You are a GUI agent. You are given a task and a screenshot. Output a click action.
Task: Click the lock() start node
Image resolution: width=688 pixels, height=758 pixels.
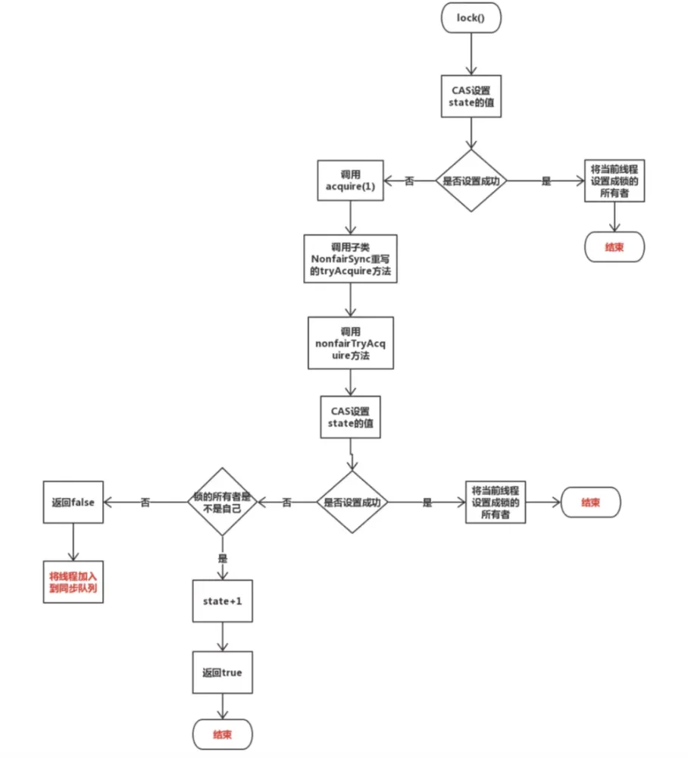[471, 18]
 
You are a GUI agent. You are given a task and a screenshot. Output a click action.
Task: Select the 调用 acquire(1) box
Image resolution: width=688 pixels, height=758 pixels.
[350, 180]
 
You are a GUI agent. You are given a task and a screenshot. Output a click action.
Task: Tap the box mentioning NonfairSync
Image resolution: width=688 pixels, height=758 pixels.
[350, 258]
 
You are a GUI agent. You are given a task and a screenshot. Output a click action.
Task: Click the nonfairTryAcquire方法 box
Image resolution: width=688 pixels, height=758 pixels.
[351, 343]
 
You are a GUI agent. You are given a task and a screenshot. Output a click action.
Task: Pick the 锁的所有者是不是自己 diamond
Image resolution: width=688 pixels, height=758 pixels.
[222, 502]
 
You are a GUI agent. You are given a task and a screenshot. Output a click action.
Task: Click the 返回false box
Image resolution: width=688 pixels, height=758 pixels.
[73, 502]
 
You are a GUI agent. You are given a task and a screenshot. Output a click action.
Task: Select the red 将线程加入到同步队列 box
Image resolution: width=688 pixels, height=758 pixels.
[73, 582]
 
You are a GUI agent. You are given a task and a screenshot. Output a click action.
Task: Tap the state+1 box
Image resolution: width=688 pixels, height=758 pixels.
[222, 601]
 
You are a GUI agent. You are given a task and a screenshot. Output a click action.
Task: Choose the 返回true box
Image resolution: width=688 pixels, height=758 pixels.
[222, 672]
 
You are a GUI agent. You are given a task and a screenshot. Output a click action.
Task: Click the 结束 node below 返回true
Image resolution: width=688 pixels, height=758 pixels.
[222, 735]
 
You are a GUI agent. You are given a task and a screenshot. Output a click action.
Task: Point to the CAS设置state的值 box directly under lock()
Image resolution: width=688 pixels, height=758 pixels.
[471, 96]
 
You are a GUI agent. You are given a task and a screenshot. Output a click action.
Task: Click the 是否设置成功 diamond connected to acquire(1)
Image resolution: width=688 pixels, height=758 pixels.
[471, 180]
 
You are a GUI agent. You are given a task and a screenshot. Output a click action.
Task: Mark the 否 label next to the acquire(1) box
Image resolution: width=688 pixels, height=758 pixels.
[409, 181]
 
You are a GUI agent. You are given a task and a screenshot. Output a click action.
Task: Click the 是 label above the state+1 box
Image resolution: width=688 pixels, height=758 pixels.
[222, 559]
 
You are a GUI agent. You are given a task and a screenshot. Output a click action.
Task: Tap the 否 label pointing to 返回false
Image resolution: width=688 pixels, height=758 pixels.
[145, 503]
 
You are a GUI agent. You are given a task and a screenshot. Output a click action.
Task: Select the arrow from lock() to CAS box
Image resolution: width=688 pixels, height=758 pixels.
[471, 54]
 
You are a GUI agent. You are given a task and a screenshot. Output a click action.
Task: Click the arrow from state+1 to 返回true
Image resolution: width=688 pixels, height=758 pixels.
[222, 637]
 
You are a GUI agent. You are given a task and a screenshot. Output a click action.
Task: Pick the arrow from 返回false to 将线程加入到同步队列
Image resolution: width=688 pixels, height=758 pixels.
[73, 542]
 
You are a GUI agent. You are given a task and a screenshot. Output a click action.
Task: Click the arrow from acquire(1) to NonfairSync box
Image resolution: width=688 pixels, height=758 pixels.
[350, 218]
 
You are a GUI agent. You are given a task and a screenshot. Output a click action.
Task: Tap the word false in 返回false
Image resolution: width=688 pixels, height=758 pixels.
[83, 503]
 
